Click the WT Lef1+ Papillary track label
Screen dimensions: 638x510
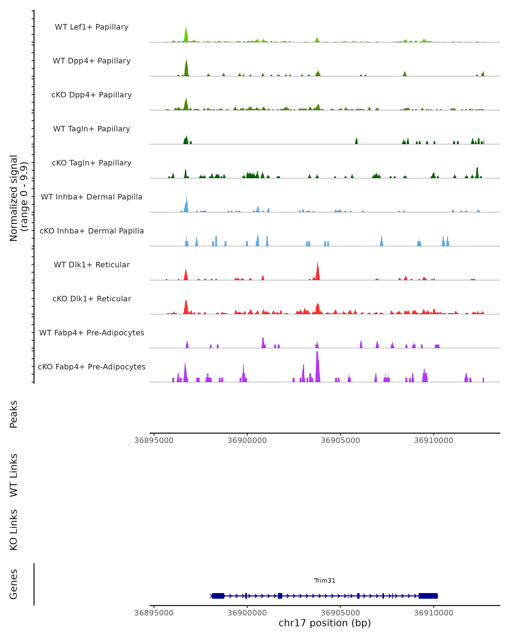pyautogui.click(x=92, y=27)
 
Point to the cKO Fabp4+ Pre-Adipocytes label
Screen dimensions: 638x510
pyautogui.click(x=92, y=367)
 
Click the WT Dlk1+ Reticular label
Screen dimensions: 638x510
pyautogui.click(x=92, y=265)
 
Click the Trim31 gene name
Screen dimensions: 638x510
pyautogui.click(x=325, y=581)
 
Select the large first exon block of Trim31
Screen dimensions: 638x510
pyautogui.click(x=218, y=596)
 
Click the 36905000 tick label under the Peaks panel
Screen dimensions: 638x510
pyautogui.click(x=340, y=440)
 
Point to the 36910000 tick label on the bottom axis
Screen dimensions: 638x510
pyautogui.click(x=433, y=613)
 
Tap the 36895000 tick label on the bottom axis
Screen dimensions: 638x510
pyautogui.click(x=154, y=613)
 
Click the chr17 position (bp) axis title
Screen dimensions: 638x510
pyautogui.click(x=325, y=623)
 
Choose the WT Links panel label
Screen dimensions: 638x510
pyautogui.click(x=14, y=475)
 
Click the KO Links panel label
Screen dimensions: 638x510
pyautogui.click(x=14, y=530)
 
